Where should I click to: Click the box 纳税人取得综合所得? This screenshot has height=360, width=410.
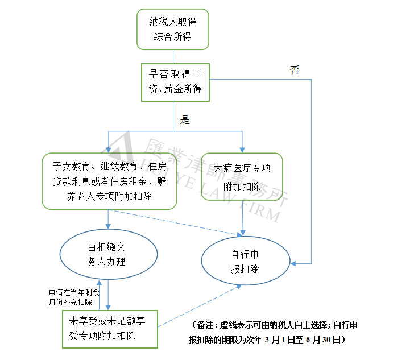[173, 29]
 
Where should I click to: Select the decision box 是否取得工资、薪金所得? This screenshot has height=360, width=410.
[175, 82]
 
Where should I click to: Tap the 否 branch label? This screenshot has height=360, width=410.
[295, 70]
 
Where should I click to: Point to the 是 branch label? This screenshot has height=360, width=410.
[185, 120]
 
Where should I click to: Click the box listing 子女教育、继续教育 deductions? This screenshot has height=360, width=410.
[109, 181]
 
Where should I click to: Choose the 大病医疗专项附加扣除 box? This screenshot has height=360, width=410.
[242, 177]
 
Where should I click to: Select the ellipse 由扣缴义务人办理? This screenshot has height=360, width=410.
[109, 254]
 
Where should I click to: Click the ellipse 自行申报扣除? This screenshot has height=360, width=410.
[246, 260]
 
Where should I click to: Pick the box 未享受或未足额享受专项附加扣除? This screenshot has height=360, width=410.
[110, 329]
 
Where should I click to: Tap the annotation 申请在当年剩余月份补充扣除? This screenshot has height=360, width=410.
[74, 297]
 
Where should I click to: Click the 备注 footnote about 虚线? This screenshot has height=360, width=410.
[273, 332]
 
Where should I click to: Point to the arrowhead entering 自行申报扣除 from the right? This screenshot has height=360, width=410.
[293, 263]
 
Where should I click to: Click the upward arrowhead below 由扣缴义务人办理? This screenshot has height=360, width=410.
[99, 282]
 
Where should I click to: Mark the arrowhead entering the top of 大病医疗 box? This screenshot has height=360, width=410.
[242, 150]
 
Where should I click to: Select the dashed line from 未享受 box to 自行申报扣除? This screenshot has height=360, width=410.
[200, 306]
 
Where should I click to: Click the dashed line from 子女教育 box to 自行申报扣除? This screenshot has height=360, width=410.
[175, 223]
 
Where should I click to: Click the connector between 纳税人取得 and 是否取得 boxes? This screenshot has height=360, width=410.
[173, 57]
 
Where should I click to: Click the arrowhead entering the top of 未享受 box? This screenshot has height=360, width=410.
[108, 308]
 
